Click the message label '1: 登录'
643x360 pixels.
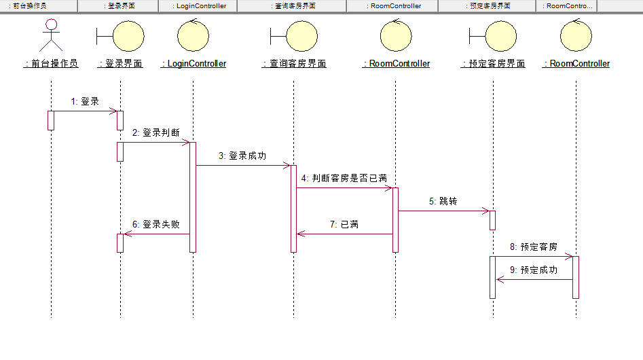point(85,101)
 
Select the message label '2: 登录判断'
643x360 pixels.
point(156,132)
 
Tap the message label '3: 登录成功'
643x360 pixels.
point(242,156)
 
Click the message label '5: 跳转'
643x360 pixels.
point(443,202)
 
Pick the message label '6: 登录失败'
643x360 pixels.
point(156,223)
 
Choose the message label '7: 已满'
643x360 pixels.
point(345,223)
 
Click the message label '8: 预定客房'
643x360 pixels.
point(533,247)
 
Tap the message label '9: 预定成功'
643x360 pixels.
point(533,270)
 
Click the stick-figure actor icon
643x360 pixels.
point(51,35)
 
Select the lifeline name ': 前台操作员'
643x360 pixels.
point(51,64)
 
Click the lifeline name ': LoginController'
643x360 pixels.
point(194,64)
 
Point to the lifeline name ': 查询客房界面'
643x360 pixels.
point(294,64)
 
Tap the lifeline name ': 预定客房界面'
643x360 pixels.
point(493,64)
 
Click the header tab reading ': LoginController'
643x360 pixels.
point(198,6)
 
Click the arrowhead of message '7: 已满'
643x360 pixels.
point(300,234)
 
